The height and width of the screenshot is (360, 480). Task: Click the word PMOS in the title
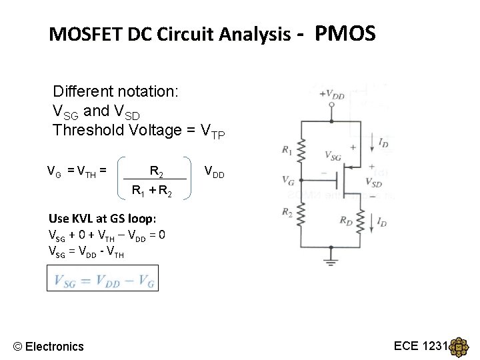[345, 33]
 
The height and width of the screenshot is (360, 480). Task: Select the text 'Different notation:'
[115, 91]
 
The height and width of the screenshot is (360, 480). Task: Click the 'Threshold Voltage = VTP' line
[139, 130]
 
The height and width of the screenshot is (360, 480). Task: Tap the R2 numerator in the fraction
[156, 172]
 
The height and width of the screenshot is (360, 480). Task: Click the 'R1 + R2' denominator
[152, 192]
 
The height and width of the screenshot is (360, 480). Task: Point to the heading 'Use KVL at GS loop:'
[103, 219]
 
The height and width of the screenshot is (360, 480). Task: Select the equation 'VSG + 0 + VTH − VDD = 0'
[107, 235]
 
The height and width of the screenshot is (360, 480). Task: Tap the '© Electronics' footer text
[49, 346]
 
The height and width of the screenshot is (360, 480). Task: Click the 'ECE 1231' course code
[421, 345]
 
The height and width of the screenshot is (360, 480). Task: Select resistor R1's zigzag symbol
[301, 152]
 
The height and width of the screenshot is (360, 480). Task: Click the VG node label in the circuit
[288, 180]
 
